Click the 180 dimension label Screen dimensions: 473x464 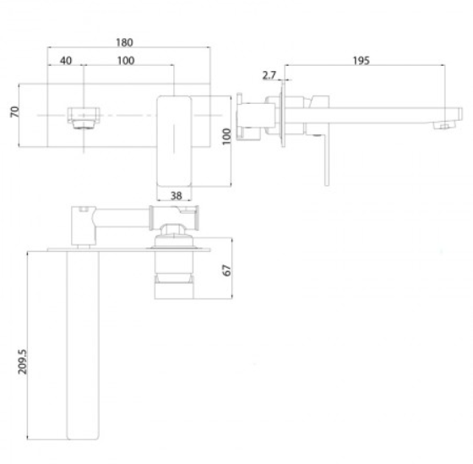coord(124,42)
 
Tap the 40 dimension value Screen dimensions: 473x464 coord(66,61)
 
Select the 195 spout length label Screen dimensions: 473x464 coord(362,61)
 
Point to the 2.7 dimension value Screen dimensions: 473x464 coord(269,75)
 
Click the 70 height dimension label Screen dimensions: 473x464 coord(14,112)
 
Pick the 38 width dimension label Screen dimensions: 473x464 coord(177,196)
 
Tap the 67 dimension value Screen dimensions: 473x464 coord(226,270)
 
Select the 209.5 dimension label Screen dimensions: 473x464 coord(22,362)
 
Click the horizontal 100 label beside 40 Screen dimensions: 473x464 coord(126,61)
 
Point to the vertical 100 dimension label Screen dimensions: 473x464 coord(226,136)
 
